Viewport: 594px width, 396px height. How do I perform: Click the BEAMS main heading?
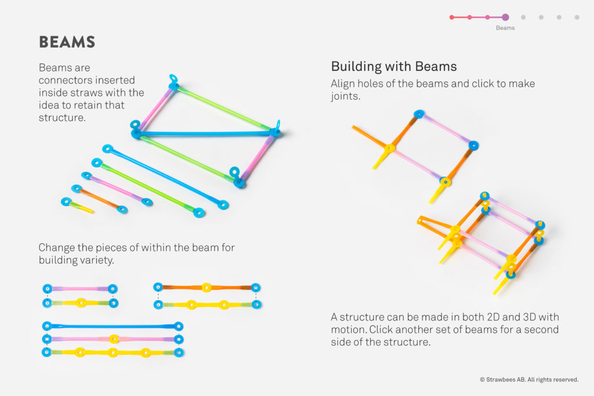67,42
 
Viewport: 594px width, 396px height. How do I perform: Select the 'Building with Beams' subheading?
394,66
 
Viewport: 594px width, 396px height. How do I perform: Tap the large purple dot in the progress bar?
505,17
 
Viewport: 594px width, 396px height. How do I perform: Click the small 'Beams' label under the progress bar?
505,28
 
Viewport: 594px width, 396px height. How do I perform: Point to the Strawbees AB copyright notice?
528,380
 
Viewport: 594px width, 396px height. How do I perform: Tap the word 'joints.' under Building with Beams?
346,96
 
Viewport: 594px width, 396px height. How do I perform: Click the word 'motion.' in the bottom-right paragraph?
349,330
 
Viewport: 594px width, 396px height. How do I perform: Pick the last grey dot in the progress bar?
577,17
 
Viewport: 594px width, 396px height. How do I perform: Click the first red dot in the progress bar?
452,17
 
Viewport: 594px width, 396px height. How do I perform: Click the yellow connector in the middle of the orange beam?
206,287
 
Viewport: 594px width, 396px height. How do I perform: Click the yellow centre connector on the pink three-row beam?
114,339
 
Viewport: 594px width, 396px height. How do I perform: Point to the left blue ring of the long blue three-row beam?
47,326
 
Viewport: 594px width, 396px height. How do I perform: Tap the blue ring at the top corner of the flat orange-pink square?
419,114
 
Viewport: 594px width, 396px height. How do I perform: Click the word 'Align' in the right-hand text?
343,84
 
